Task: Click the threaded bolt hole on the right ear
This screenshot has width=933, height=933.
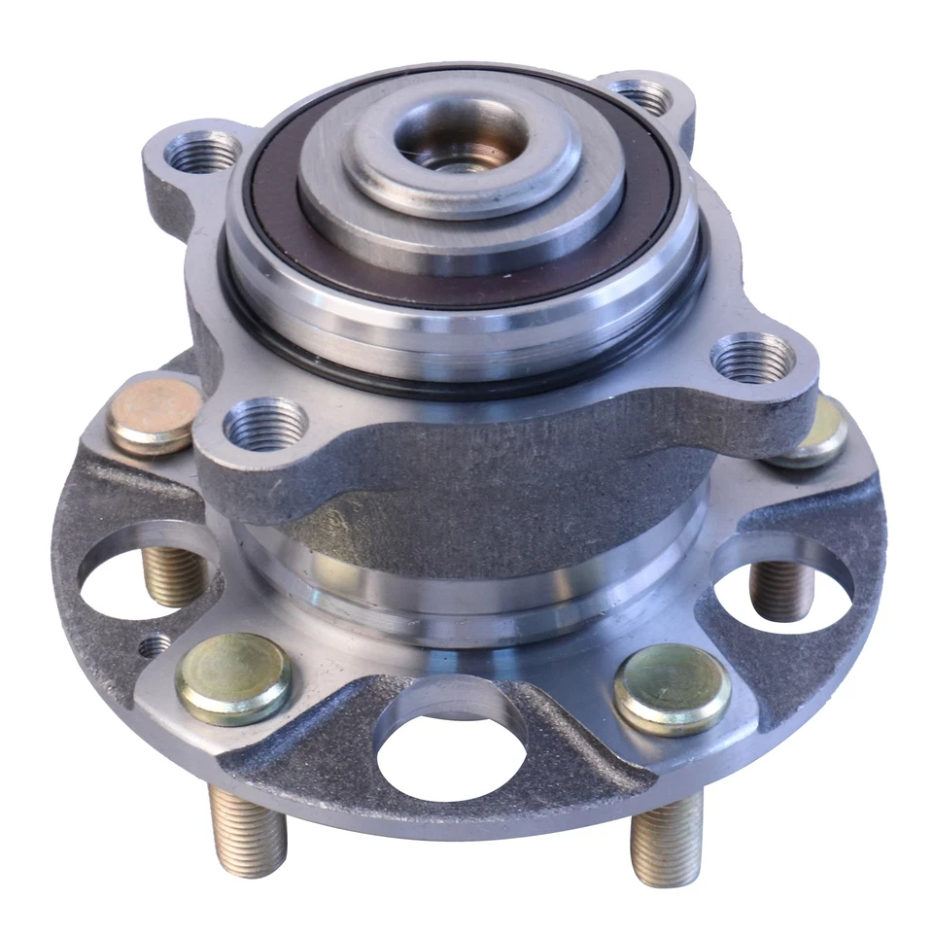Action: [754, 357]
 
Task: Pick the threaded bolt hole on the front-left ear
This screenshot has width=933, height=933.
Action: [265, 424]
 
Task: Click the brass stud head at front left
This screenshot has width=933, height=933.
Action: [233, 677]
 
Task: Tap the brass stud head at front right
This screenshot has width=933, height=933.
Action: [672, 688]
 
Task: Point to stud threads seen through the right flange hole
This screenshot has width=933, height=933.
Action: [780, 589]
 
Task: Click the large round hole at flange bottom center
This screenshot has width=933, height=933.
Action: [449, 751]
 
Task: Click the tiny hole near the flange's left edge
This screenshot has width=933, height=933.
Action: [154, 643]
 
